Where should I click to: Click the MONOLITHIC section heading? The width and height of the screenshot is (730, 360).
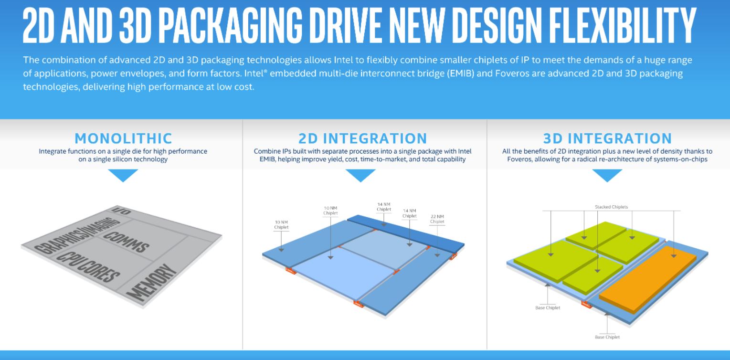click(123, 138)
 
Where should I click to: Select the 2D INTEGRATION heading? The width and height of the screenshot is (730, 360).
click(363, 138)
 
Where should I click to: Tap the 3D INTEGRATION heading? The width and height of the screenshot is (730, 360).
click(607, 138)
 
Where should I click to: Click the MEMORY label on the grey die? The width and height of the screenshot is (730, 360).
click(152, 282)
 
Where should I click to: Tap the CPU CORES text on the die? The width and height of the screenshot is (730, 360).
click(88, 267)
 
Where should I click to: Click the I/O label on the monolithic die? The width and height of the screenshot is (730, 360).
click(121, 211)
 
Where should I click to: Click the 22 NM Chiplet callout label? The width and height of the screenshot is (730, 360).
click(437, 219)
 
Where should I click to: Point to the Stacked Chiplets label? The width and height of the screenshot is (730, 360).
click(612, 207)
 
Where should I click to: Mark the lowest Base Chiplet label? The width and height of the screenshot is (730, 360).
click(607, 337)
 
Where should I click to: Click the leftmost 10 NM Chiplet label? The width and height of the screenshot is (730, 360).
click(281, 225)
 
